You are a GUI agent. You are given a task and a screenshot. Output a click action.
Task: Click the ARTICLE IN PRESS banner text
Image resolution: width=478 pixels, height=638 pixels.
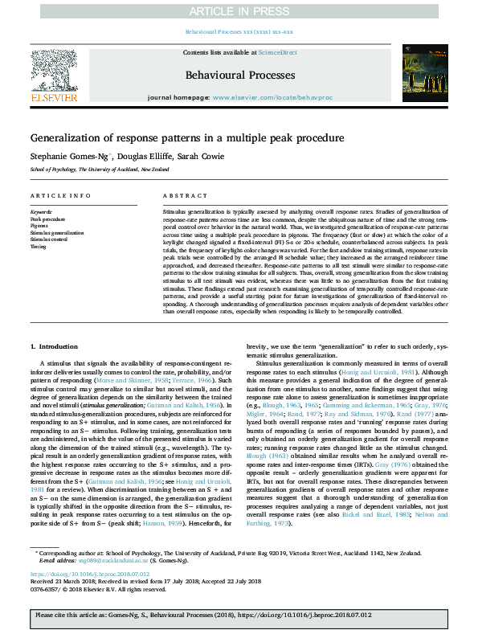click(x=239, y=10)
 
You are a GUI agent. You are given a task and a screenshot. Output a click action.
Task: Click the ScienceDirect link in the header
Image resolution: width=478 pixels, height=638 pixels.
click(x=279, y=52)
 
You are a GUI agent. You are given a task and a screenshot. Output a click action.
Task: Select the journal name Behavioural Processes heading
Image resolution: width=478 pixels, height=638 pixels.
click(x=239, y=73)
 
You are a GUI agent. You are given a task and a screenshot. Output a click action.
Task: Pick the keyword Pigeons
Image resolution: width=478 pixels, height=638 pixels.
click(x=40, y=226)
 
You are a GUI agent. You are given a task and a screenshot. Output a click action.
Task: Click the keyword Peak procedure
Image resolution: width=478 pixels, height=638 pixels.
click(x=47, y=219)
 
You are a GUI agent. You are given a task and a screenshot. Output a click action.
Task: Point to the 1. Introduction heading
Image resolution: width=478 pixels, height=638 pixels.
click(x=54, y=346)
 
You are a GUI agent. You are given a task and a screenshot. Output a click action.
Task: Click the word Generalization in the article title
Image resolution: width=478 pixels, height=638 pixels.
click(x=71, y=138)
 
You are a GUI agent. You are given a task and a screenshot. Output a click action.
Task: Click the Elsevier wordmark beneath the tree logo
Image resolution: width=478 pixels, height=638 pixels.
click(x=54, y=98)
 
